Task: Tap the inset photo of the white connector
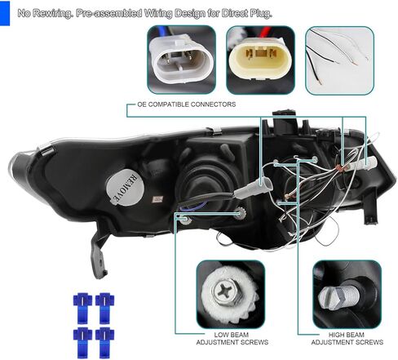point(181,59)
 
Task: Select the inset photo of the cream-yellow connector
point(260,59)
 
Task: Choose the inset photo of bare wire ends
point(338,59)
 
